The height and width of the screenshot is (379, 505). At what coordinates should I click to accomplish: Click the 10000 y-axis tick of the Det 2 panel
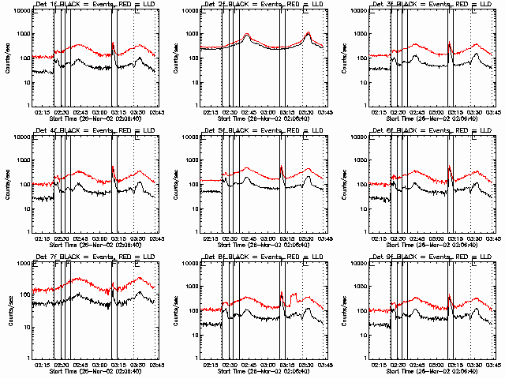(x=187, y=11)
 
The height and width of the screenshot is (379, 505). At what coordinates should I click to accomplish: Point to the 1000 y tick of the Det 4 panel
(x=21, y=160)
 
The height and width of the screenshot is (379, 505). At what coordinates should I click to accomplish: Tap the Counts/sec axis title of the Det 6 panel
(x=347, y=184)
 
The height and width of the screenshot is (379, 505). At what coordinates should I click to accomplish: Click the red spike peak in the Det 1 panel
(x=114, y=43)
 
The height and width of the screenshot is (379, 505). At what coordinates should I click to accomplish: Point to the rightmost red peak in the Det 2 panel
(x=309, y=33)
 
